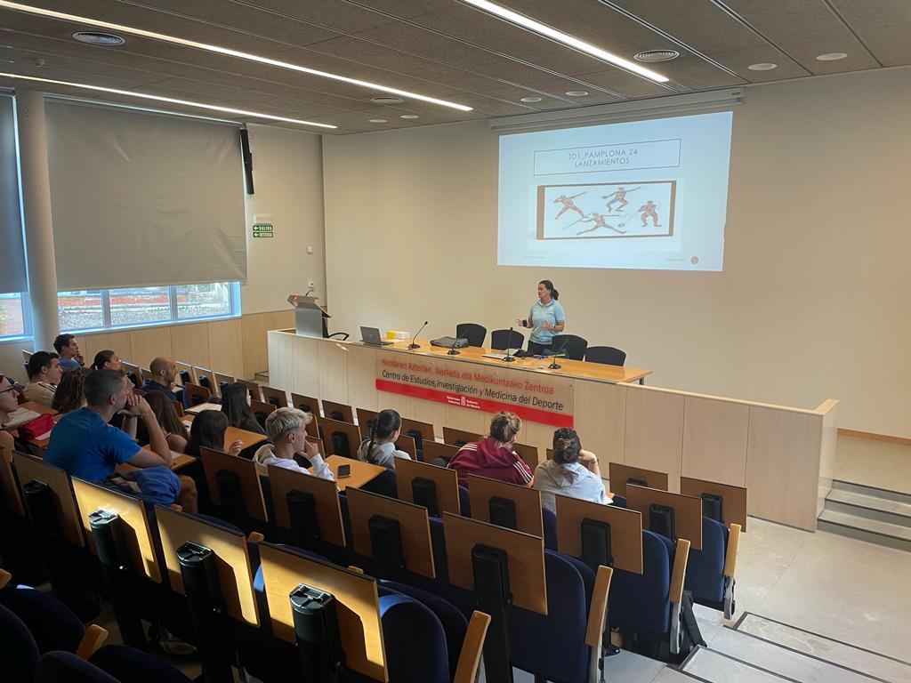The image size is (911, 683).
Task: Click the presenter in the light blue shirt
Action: (x=544, y=316)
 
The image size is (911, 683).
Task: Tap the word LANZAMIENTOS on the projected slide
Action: (x=593, y=164)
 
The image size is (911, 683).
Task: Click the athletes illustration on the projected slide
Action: (x=606, y=210)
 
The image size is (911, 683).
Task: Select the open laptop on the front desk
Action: (x=373, y=336)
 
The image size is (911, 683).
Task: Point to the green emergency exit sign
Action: (x=262, y=230)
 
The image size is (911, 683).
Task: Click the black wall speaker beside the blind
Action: (x=246, y=161)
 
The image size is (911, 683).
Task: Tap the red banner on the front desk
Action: (x=474, y=387)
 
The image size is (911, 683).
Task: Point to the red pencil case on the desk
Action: (x=37, y=427)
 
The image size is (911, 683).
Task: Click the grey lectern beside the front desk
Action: (x=308, y=317)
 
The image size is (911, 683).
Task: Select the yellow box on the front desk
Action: (x=398, y=334)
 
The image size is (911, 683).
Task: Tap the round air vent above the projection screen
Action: (x=656, y=55)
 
